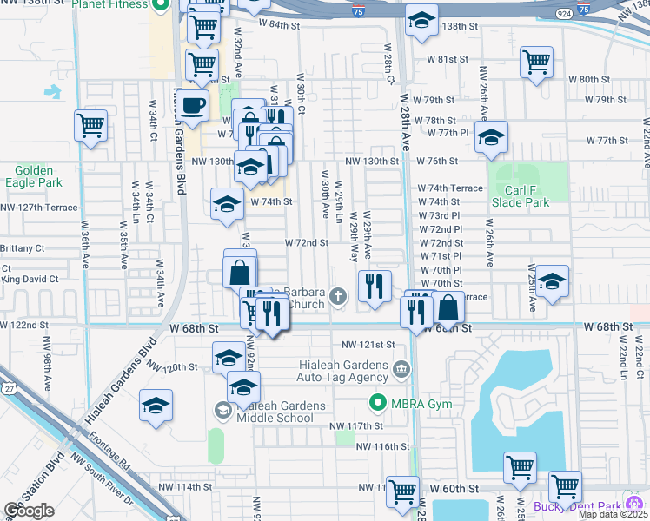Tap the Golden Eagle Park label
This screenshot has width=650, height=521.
pyautogui.click(x=33, y=177)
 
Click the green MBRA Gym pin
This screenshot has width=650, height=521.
pyautogui.click(x=378, y=402)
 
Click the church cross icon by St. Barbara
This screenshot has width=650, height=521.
pyautogui.click(x=339, y=298)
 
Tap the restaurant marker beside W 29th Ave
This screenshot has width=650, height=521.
pyautogui.click(x=375, y=286)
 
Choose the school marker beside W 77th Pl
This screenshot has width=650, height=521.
pyautogui.click(x=491, y=136)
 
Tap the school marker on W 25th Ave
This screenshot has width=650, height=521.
pyautogui.click(x=552, y=281)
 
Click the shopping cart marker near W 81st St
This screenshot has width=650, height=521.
pyautogui.click(x=536, y=62)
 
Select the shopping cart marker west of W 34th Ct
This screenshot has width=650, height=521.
pyautogui.click(x=90, y=125)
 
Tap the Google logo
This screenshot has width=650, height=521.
pyautogui.click(x=30, y=511)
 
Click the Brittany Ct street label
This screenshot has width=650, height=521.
pyautogui.click(x=22, y=248)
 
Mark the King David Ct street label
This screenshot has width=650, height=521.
pyautogui.click(x=30, y=280)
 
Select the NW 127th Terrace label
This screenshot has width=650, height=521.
pyautogui.click(x=39, y=208)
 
